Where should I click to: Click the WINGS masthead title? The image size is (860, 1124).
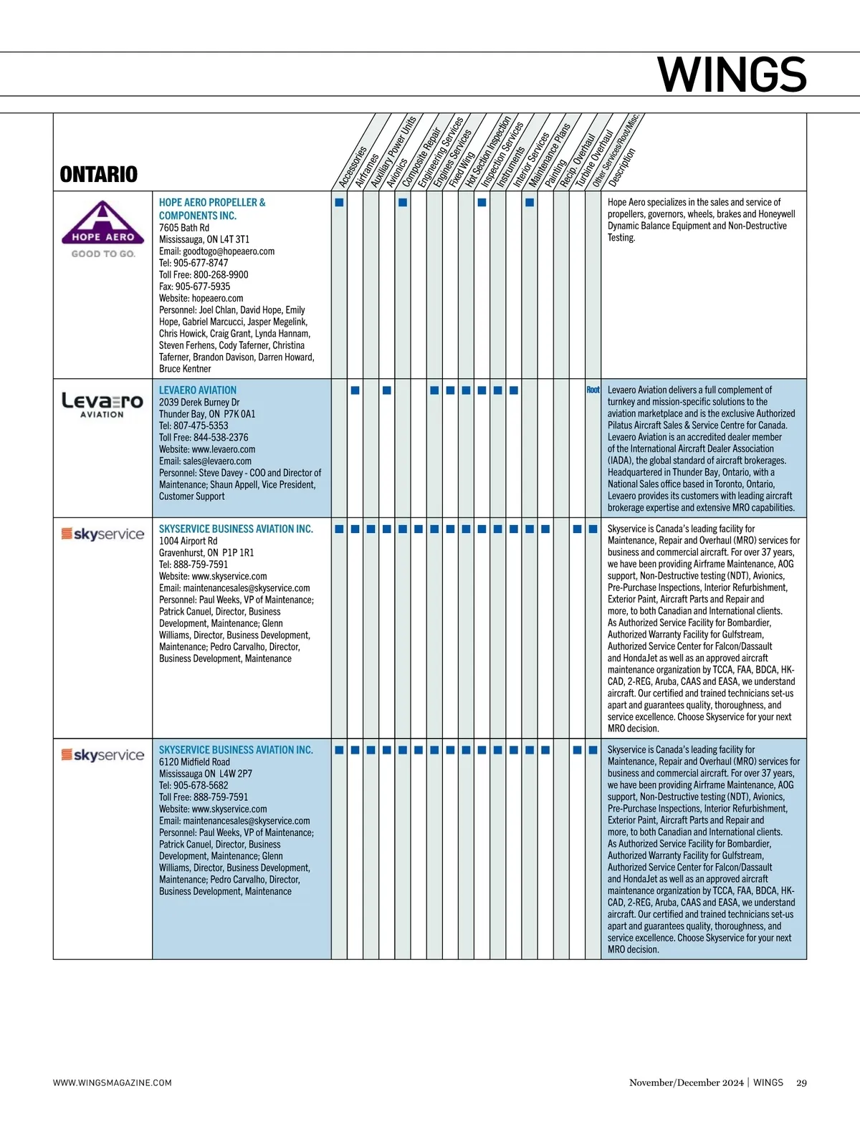coord(732,75)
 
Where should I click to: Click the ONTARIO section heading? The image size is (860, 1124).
coord(99,174)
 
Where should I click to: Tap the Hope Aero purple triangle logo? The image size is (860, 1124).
coord(103,224)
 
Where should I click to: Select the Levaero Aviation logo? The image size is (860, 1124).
coord(102,404)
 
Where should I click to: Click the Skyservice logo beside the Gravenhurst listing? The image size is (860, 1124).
coord(102,534)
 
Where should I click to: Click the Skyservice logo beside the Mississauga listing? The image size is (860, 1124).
coord(102,755)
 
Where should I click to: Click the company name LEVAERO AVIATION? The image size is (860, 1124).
coord(198,390)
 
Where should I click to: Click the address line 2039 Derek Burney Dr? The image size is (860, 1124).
coord(199,402)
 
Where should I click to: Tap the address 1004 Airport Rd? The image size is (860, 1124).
coord(188,541)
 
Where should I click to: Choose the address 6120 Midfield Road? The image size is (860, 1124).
coord(194,762)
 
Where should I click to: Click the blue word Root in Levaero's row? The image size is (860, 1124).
coord(593,390)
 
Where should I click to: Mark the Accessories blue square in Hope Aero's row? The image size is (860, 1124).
coord(339,202)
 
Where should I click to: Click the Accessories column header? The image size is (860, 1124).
coord(353,167)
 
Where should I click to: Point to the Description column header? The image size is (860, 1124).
coord(622,167)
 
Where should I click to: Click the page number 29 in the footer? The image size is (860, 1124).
coord(801,1082)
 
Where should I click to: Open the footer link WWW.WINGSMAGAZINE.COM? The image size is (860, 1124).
coord(113,1082)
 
